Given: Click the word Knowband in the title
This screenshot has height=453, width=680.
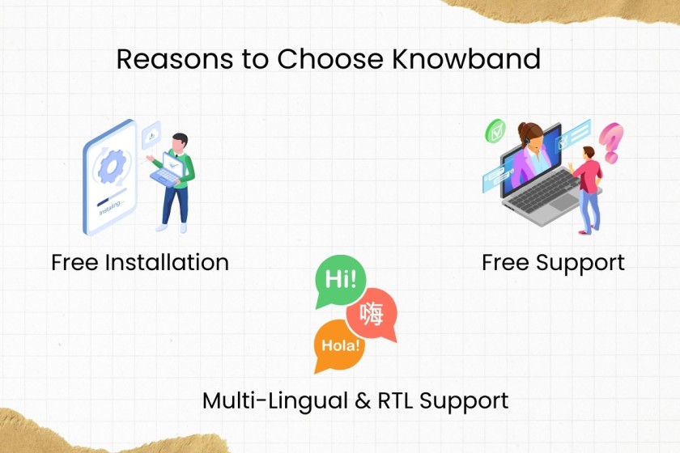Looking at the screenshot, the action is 466,58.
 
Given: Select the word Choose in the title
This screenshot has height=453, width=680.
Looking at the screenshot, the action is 330,58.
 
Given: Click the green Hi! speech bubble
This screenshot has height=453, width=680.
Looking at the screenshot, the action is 340,281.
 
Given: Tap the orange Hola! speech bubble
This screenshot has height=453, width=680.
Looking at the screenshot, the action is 339,345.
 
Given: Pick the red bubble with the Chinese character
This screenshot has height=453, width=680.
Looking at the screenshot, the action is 372,314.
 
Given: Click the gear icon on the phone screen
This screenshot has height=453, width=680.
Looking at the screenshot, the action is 112,166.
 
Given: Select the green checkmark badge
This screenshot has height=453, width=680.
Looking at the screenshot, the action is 495,131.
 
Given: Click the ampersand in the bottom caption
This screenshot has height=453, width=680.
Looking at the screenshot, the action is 363,400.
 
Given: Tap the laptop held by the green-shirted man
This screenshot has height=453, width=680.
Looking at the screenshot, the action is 168,170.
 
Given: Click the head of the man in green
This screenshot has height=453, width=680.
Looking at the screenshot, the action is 180,142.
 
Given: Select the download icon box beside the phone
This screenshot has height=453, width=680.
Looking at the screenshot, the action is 151,135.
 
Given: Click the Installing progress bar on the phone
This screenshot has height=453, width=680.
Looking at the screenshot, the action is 112,197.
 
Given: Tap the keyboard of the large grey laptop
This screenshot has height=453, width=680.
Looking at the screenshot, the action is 544,192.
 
